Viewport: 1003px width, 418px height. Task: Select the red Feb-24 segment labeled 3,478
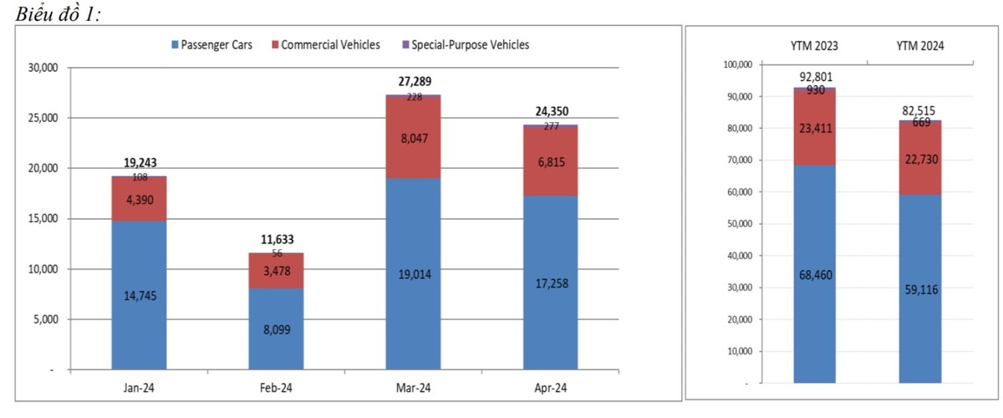point(276,271)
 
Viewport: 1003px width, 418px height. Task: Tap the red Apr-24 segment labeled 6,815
point(550,162)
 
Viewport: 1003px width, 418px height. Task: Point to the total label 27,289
point(413,82)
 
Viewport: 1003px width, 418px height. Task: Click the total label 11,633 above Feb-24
point(276,239)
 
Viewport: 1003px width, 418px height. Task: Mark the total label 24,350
point(550,111)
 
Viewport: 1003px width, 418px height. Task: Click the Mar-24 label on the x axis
point(413,388)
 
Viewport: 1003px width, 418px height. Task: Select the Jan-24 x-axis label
point(139,388)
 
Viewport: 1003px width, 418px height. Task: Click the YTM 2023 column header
point(815,47)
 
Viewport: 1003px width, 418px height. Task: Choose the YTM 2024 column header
point(920,47)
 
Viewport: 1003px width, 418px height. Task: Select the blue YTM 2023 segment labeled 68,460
point(815,274)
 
